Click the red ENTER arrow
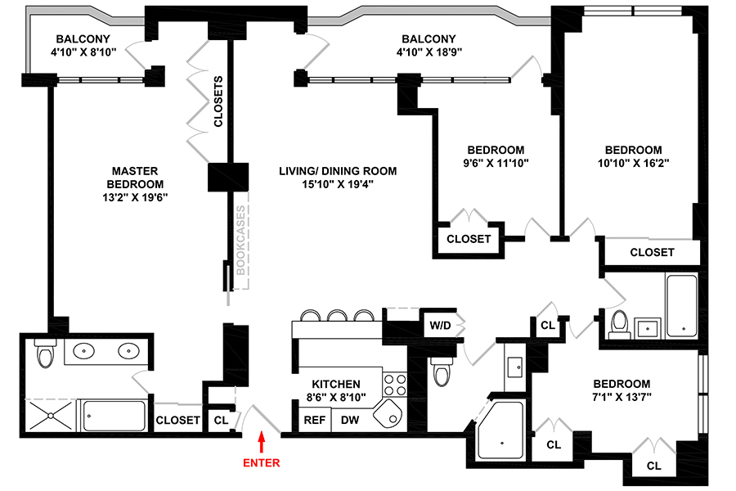tap(262, 443)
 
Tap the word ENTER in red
tap(262, 463)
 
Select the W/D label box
tap(440, 325)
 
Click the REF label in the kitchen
tap(315, 421)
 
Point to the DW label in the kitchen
tap(350, 421)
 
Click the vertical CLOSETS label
tap(218, 101)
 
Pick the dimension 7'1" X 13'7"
tap(622, 399)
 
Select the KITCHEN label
tap(335, 384)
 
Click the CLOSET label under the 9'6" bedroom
tap(469, 239)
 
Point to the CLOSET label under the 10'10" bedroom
tap(652, 252)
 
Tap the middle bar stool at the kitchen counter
tap(336, 316)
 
